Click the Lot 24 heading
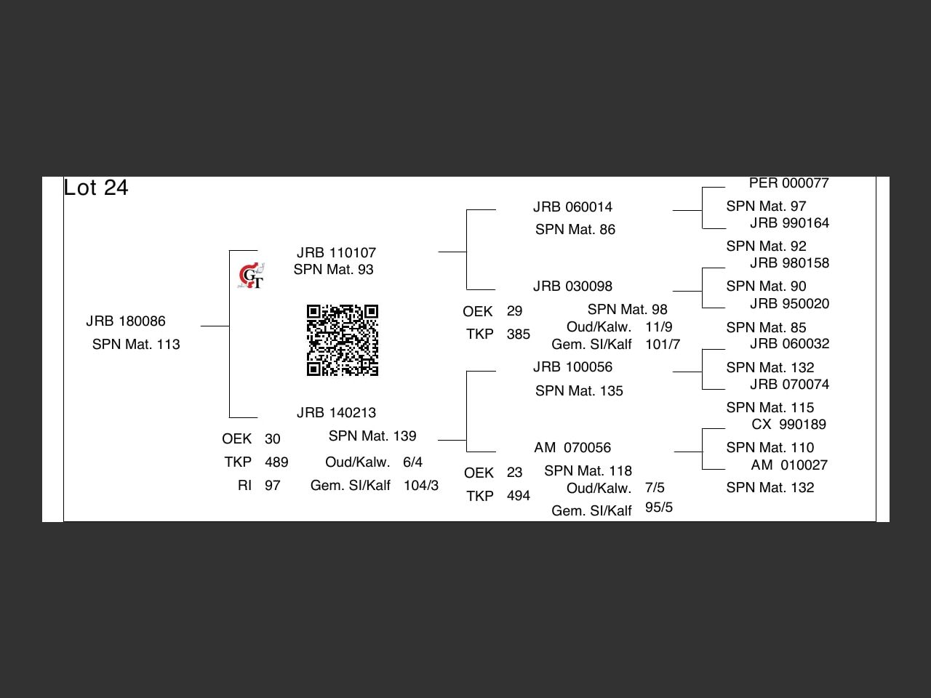(96, 188)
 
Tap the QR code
(342, 340)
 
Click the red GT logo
(252, 276)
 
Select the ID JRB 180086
(126, 321)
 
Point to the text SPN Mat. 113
(136, 345)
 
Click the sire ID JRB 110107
(336, 253)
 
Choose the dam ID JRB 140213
(336, 413)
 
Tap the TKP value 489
(276, 462)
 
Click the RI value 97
(273, 486)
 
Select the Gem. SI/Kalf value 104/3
(421, 486)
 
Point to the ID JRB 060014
(572, 207)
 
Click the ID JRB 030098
(572, 286)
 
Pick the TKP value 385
(519, 334)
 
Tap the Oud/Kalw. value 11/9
(659, 327)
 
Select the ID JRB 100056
(572, 367)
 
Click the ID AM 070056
(572, 448)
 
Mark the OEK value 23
(515, 473)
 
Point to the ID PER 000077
(789, 183)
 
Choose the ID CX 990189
(789, 425)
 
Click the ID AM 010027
(789, 465)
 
